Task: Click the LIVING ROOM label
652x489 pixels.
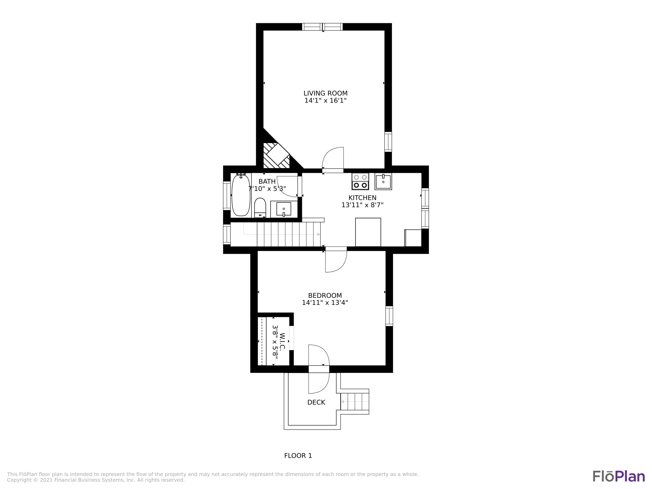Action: pos(325,93)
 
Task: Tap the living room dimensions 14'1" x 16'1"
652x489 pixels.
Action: pos(325,100)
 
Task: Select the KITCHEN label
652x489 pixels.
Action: pos(362,198)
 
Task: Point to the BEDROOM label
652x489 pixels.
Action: pos(325,295)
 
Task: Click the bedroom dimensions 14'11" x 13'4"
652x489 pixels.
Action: pos(325,303)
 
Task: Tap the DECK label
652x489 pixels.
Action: pos(316,402)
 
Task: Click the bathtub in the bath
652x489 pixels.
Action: pos(241,195)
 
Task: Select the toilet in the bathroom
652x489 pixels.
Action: pos(260,208)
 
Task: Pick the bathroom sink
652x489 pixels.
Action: pos(284,209)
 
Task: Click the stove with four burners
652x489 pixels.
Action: pos(360,181)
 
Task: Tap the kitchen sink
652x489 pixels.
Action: pos(383,181)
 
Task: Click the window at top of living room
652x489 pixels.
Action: pos(323,27)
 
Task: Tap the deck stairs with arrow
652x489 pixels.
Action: pos(355,401)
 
